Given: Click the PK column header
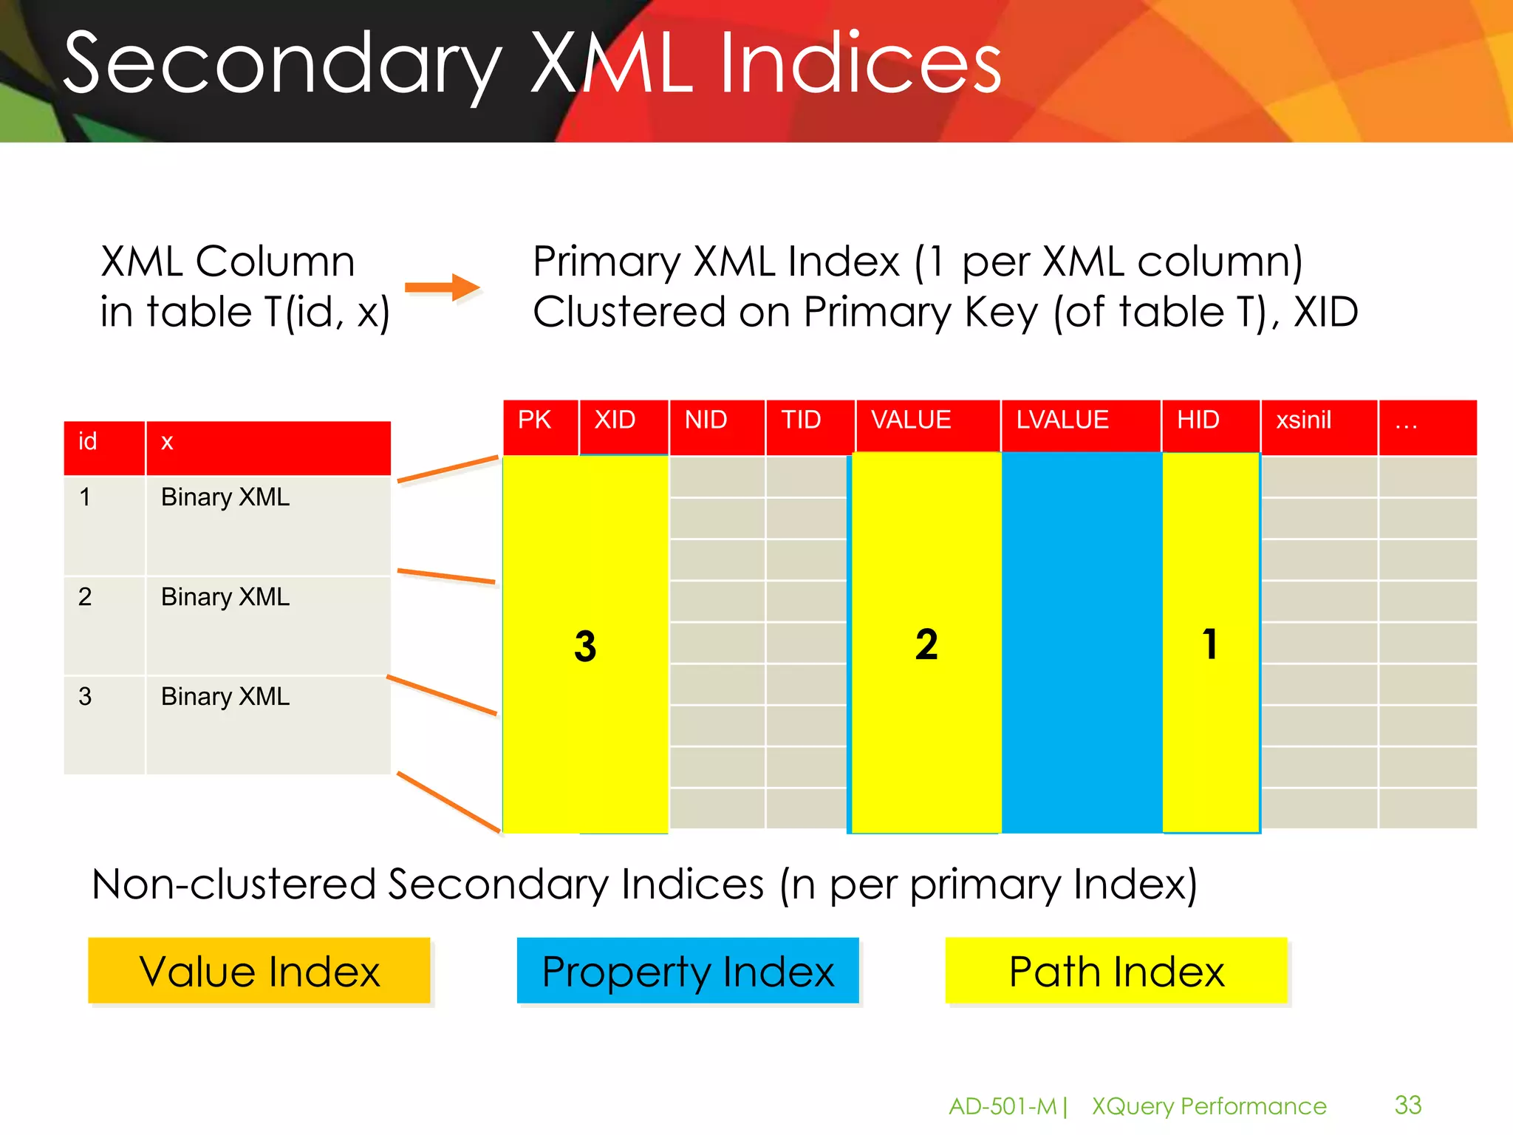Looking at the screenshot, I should click(535, 420).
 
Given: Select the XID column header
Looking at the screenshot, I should click(615, 420).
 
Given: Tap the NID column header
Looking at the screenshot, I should click(706, 420).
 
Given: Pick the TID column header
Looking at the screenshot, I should click(802, 420).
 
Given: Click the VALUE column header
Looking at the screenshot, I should click(912, 420).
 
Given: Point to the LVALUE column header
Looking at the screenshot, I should click(1062, 420).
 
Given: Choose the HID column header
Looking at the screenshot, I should click(1198, 420).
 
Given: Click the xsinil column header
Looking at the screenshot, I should click(1304, 420).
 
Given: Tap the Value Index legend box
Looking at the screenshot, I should click(259, 971).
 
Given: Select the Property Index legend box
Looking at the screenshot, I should click(688, 971).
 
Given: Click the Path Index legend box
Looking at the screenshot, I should click(1116, 971).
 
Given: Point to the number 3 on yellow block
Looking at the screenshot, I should click(585, 646).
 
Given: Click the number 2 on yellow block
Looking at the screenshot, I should click(926, 644).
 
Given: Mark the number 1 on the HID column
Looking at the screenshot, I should click(1210, 644).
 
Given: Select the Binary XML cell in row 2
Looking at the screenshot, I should click(225, 597).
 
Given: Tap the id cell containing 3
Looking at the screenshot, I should click(86, 697).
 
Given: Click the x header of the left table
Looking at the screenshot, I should click(168, 443).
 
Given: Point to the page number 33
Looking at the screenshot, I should click(1408, 1105).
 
